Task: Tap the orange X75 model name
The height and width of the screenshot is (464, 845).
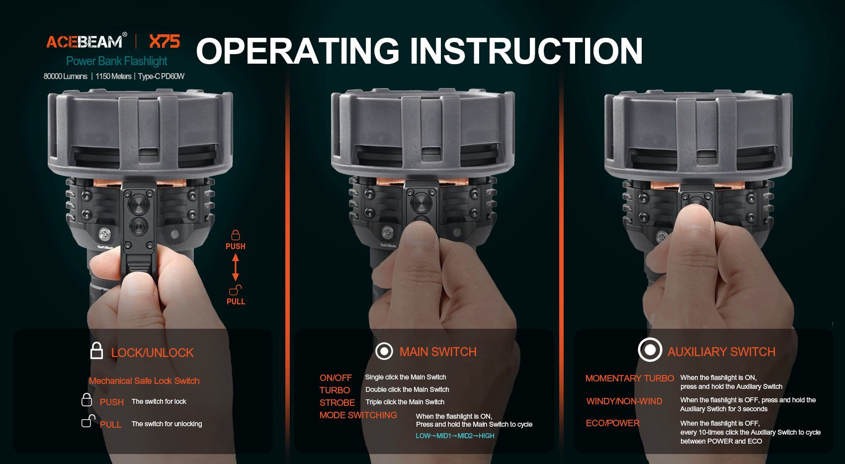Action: [165, 41]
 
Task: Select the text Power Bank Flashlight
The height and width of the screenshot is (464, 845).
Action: [117, 61]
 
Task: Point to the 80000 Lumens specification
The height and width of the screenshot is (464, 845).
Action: [65, 76]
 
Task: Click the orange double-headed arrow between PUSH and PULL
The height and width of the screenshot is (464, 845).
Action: [236, 267]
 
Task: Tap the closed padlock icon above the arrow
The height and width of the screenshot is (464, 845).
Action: [236, 235]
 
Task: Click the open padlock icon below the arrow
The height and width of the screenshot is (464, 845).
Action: [236, 290]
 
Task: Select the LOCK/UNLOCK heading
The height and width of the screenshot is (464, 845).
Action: [153, 353]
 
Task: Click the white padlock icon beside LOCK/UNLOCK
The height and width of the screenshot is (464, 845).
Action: [96, 351]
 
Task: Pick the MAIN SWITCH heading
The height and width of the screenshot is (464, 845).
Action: [438, 352]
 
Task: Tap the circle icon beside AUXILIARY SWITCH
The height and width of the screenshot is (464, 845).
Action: [650, 350]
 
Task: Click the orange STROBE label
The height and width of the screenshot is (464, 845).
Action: [337, 402]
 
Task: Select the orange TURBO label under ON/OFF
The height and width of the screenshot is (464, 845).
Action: [335, 390]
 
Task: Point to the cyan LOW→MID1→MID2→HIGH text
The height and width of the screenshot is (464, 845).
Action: [455, 436]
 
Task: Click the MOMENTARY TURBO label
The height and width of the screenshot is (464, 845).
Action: [630, 378]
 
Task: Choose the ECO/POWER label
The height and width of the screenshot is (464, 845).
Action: [612, 423]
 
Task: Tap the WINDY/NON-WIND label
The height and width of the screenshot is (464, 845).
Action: [624, 401]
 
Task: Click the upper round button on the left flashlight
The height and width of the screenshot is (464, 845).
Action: [139, 204]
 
